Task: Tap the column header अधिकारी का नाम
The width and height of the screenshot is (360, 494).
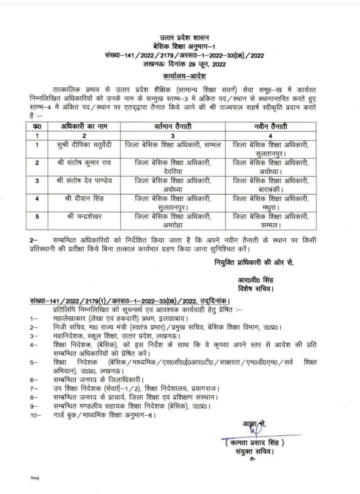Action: pos(84,127)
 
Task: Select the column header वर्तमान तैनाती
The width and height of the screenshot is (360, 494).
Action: pos(172,127)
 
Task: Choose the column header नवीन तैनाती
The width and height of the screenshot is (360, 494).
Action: pos(270,127)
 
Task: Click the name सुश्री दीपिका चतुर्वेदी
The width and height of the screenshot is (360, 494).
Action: pos(84,145)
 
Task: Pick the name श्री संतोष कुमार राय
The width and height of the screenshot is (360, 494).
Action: pos(84,162)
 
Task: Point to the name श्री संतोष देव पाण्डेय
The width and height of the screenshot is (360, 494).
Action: pos(84,180)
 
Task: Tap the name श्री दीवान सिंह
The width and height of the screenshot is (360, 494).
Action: pos(84,198)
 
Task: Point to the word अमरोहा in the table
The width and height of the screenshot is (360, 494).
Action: pos(172,225)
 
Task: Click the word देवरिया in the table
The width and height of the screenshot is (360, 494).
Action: pos(172,171)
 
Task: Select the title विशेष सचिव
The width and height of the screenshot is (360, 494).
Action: pos(255,289)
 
